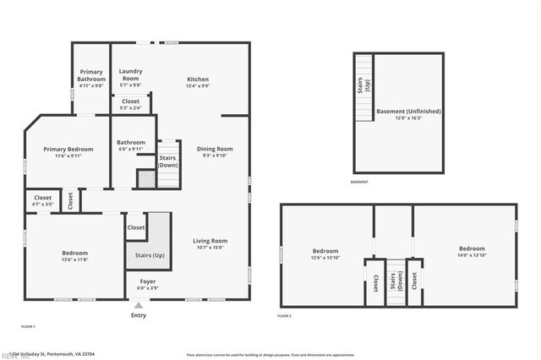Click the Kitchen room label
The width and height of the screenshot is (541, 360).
[198, 82]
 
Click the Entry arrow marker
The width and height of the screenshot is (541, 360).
[139, 305]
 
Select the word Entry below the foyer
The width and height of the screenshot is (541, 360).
[139, 315]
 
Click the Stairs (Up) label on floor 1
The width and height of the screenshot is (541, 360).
[146, 254]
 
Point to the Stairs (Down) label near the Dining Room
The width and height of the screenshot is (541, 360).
[168, 161]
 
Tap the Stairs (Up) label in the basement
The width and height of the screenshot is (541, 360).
[362, 87]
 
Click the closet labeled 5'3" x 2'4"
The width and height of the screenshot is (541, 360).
[131, 104]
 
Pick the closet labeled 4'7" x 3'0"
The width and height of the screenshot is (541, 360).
[42, 200]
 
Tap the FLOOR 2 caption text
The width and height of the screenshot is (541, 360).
[285, 316]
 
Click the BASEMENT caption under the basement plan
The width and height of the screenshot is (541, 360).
[360, 183]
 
